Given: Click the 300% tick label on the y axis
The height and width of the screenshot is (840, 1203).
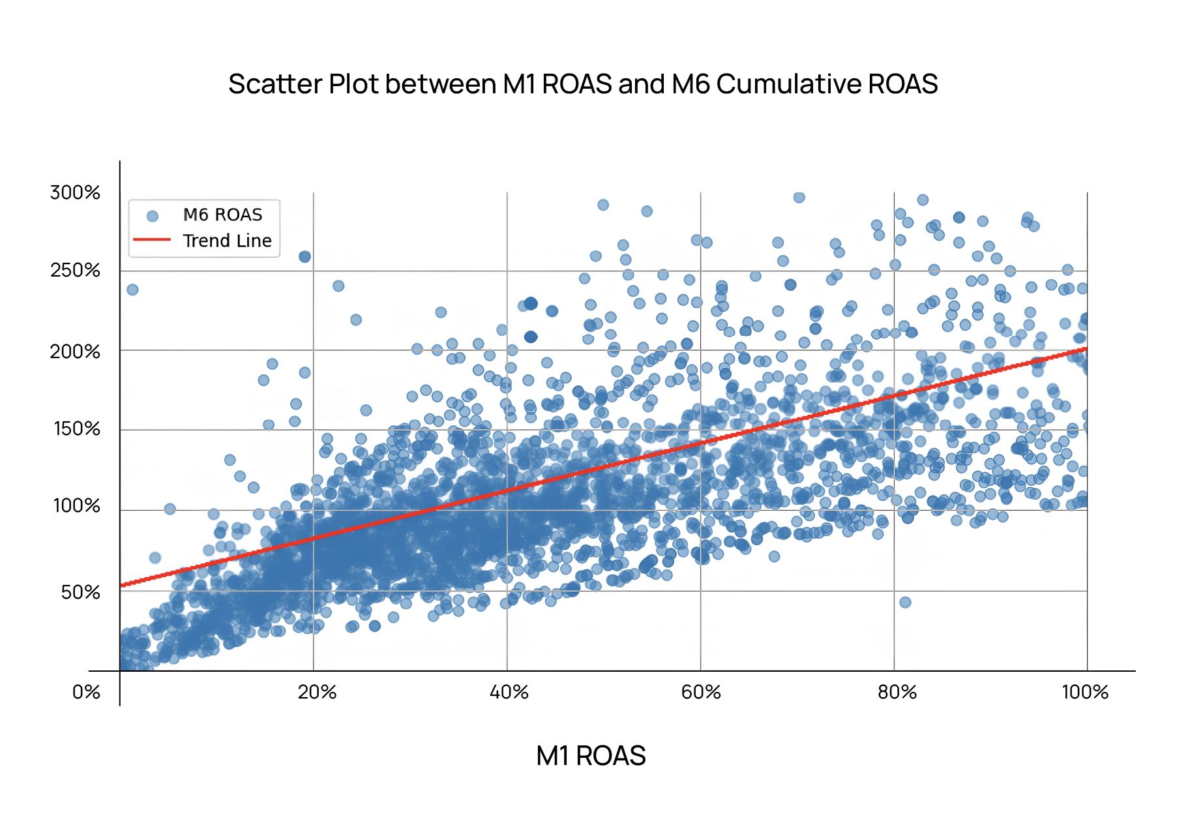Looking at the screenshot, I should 75,192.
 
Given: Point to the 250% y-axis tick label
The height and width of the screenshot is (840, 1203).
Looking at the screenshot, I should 75,270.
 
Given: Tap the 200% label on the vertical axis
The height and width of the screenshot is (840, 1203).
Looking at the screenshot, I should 75,352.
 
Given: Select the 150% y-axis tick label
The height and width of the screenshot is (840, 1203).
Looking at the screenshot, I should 76,428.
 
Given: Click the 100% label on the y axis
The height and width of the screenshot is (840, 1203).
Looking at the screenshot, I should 76,505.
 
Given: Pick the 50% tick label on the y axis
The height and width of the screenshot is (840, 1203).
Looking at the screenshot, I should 80,592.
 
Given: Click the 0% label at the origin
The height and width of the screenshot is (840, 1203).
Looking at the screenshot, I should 86,692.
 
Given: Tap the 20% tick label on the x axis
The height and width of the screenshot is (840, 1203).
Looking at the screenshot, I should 317,692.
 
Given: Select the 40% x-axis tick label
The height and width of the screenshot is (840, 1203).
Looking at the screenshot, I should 509,692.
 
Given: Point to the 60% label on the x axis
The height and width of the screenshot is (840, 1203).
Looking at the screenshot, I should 701,692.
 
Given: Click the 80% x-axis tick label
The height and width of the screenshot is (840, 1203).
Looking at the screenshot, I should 897,692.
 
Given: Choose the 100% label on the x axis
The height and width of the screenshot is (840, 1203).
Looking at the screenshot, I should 1085,692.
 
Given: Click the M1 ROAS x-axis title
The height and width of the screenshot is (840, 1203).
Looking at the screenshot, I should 591,756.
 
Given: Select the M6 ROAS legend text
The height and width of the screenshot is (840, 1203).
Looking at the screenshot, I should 222,215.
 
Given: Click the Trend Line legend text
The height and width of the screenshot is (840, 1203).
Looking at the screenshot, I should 227,241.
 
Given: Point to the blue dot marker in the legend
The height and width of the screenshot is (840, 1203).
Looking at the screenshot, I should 153,216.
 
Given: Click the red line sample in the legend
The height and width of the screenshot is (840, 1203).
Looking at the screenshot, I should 152,240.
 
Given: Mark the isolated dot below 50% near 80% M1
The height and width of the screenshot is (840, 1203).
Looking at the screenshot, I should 905,602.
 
